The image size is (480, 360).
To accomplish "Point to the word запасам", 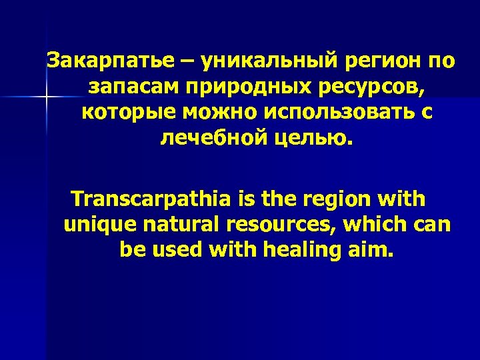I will pyautogui.click(x=134, y=87).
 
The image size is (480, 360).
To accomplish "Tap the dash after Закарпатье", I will pyautogui.click(x=188, y=62).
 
